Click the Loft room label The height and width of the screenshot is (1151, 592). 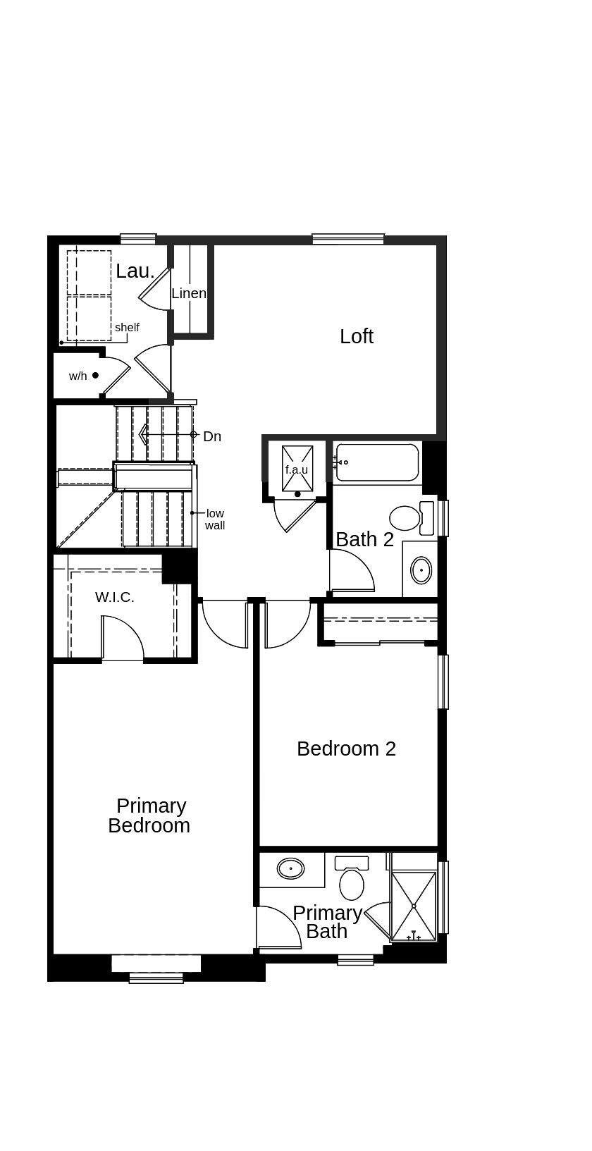(356, 337)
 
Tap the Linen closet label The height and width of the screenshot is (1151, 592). (189, 293)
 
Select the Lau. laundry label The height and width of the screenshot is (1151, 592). (135, 271)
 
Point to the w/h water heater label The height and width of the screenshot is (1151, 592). (78, 376)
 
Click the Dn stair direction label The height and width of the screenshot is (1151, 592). (212, 436)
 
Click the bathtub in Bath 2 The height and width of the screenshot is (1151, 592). (377, 462)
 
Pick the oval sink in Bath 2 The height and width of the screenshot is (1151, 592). (422, 570)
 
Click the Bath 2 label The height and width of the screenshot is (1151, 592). (365, 539)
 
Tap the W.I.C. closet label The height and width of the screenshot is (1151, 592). (115, 597)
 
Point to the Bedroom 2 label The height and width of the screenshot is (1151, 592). (346, 749)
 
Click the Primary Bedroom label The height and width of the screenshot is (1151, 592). (149, 815)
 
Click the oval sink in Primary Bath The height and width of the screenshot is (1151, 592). (290, 869)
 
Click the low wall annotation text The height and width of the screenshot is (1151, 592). (215, 519)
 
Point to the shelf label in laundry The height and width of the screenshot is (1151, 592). (127, 327)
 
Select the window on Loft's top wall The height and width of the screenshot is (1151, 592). (348, 238)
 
